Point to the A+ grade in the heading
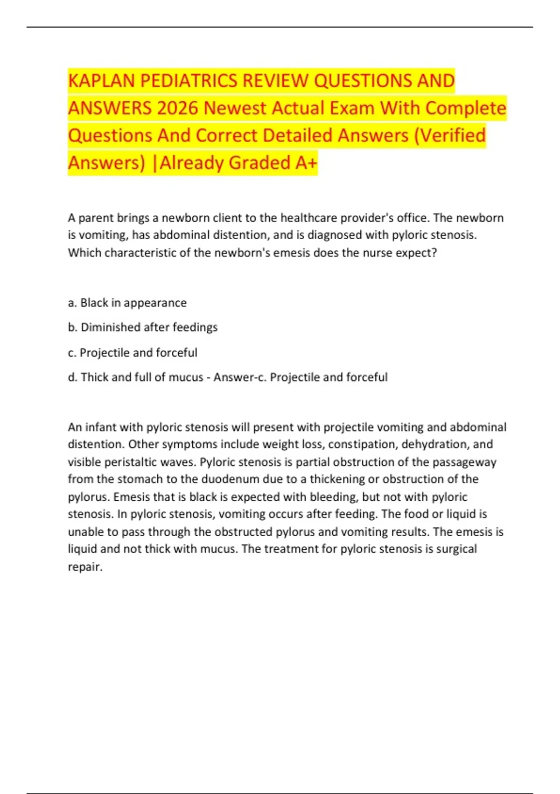tap(306, 163)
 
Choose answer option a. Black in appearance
tap(127, 303)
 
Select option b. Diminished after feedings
tap(142, 327)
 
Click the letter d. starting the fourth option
tap(72, 377)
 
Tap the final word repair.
tap(85, 567)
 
